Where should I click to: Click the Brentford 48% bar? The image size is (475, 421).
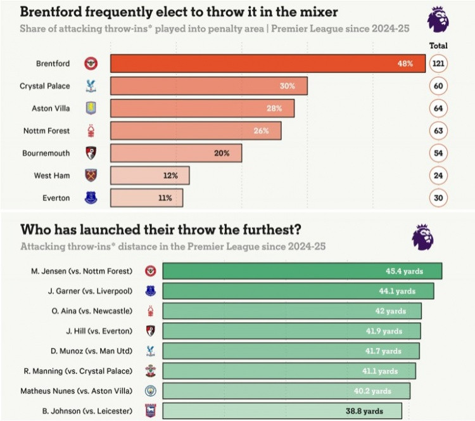click(x=266, y=63)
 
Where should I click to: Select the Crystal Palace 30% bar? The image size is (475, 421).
click(x=209, y=86)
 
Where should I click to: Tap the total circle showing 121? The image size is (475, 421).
click(x=438, y=63)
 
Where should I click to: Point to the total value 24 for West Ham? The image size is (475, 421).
click(x=438, y=175)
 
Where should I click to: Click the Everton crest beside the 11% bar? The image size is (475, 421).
click(x=92, y=198)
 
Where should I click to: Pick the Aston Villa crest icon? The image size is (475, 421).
click(x=92, y=108)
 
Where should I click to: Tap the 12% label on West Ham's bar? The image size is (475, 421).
click(x=170, y=175)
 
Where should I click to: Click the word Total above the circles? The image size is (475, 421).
click(x=438, y=46)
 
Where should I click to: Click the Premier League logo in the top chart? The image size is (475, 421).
click(x=438, y=19)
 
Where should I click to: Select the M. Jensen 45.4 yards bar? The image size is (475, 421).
click(x=302, y=271)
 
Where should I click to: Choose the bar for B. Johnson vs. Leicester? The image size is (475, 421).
click(x=282, y=410)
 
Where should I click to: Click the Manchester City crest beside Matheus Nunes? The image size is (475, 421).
click(x=150, y=391)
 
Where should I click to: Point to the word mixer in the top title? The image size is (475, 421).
click(x=315, y=11)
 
